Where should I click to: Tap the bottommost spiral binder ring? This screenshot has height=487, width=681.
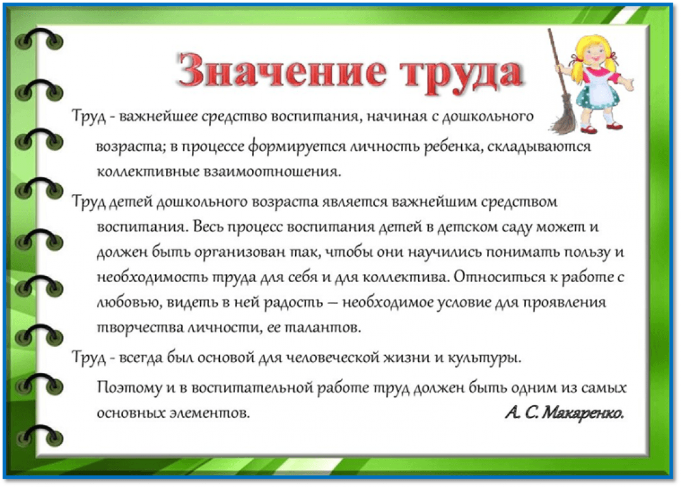tap(39, 436)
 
